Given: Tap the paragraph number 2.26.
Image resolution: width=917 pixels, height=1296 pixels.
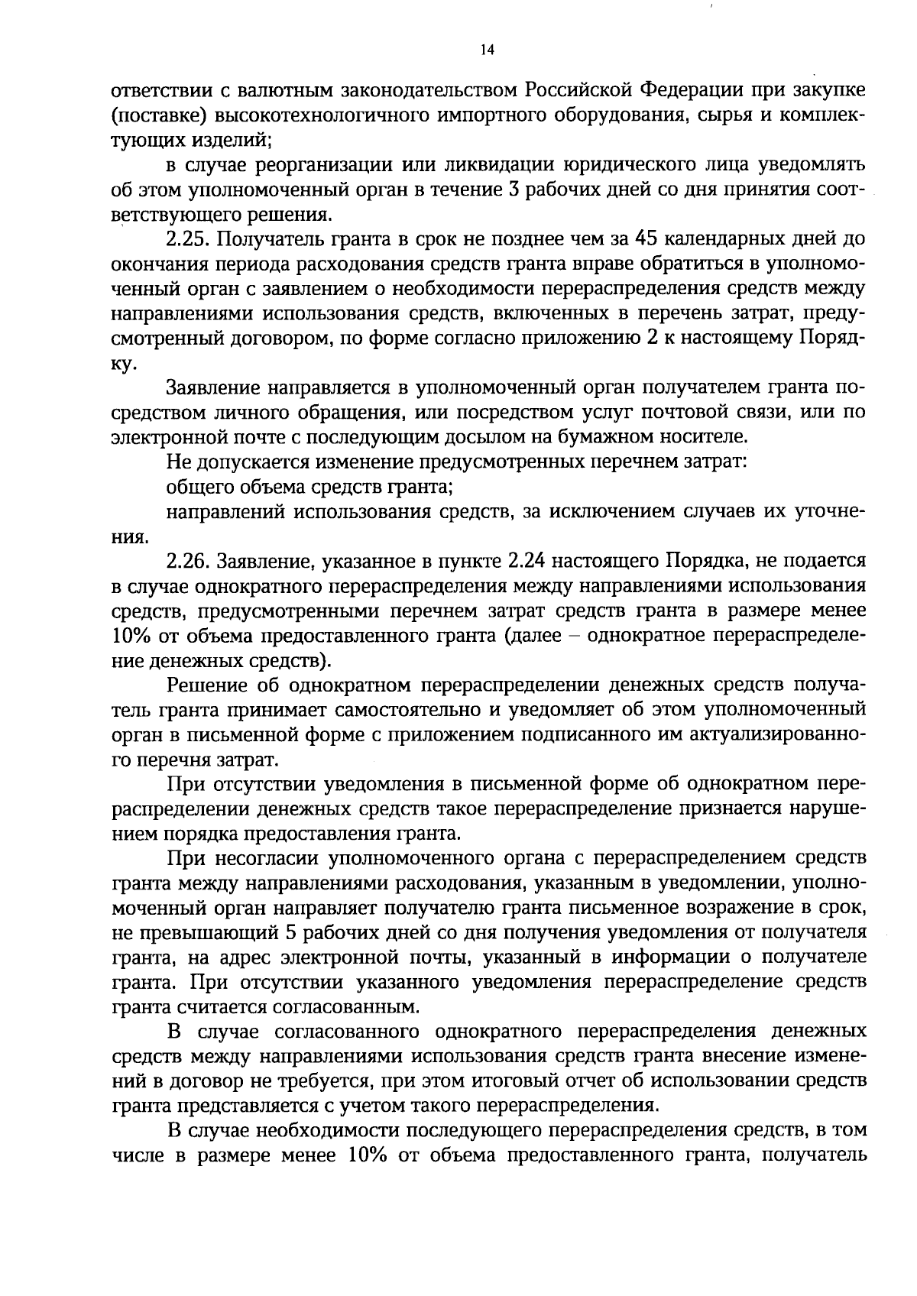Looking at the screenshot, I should pyautogui.click(x=188, y=562).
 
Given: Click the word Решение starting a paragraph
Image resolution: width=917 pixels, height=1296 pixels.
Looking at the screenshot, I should pyautogui.click(x=204, y=685).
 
